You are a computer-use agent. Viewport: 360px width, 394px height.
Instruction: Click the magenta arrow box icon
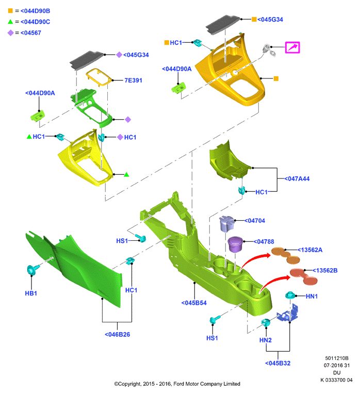pyautogui.click(x=292, y=47)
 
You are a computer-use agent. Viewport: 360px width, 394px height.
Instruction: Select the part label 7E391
pyautogui.click(x=134, y=80)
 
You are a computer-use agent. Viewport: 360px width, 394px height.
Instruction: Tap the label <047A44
pyautogui.click(x=297, y=178)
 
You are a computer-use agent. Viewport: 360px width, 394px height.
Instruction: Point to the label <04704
pyautogui.click(x=255, y=221)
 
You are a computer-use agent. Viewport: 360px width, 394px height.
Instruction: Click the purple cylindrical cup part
pyautogui.click(x=235, y=244)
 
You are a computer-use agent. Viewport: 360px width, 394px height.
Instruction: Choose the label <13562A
pyautogui.click(x=310, y=250)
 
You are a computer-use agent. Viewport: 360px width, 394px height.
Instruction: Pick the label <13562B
pyautogui.click(x=325, y=270)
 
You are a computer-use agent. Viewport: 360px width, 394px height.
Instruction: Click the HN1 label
pyautogui.click(x=312, y=296)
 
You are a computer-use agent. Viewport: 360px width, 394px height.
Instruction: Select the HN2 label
pyautogui.click(x=266, y=340)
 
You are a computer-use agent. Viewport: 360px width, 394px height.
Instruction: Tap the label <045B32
pyautogui.click(x=278, y=363)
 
